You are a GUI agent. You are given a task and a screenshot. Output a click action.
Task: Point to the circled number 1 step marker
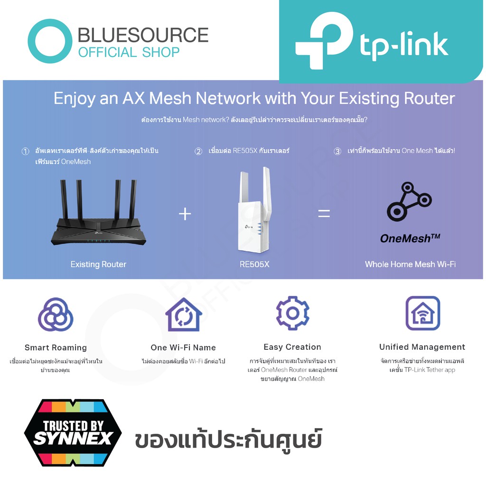coord(26,151)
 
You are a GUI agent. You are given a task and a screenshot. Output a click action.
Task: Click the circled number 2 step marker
coord(198,151)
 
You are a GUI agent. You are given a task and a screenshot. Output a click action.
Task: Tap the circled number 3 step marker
coord(337,151)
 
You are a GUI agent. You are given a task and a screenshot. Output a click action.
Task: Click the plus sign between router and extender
coord(185,214)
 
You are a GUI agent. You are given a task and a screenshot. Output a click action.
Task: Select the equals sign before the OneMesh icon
coord(324,213)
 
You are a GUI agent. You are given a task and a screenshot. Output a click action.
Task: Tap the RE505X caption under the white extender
coord(254,264)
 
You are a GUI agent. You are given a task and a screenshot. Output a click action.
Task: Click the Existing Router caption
coord(98,264)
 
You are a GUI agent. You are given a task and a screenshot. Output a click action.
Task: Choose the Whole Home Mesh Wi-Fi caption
coord(410,264)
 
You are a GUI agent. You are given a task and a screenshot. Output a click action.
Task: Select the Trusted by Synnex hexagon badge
coord(73,433)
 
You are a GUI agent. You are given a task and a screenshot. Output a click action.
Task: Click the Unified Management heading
coord(422,347)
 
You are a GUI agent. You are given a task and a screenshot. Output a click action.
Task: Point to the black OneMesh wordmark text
coord(410,238)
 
